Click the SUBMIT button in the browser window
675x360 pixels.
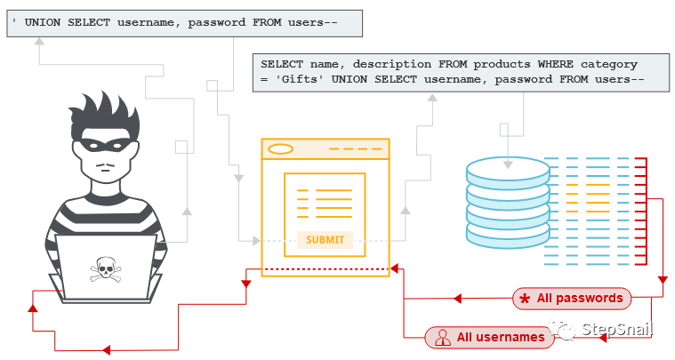coord(325,240)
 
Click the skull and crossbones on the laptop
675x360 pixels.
coord(105,268)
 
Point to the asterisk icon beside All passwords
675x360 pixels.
coord(525,298)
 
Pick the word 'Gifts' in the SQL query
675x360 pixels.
coord(298,80)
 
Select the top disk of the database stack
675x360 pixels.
coord(508,170)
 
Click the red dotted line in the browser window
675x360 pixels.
coord(325,268)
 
